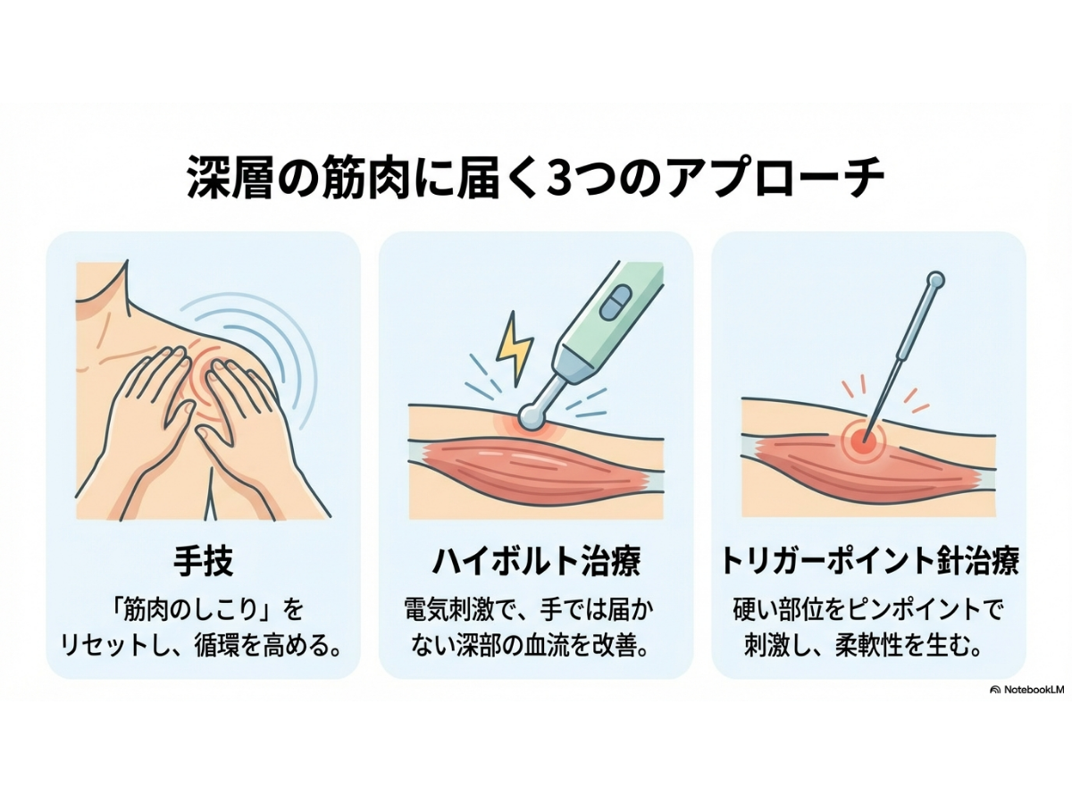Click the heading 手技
203,561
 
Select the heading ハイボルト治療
536,561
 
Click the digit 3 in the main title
563,178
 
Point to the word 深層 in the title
230,178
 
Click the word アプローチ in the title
775,178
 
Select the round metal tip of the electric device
532,416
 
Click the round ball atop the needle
935,281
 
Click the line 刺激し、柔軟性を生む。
865,647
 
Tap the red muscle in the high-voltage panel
536,466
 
